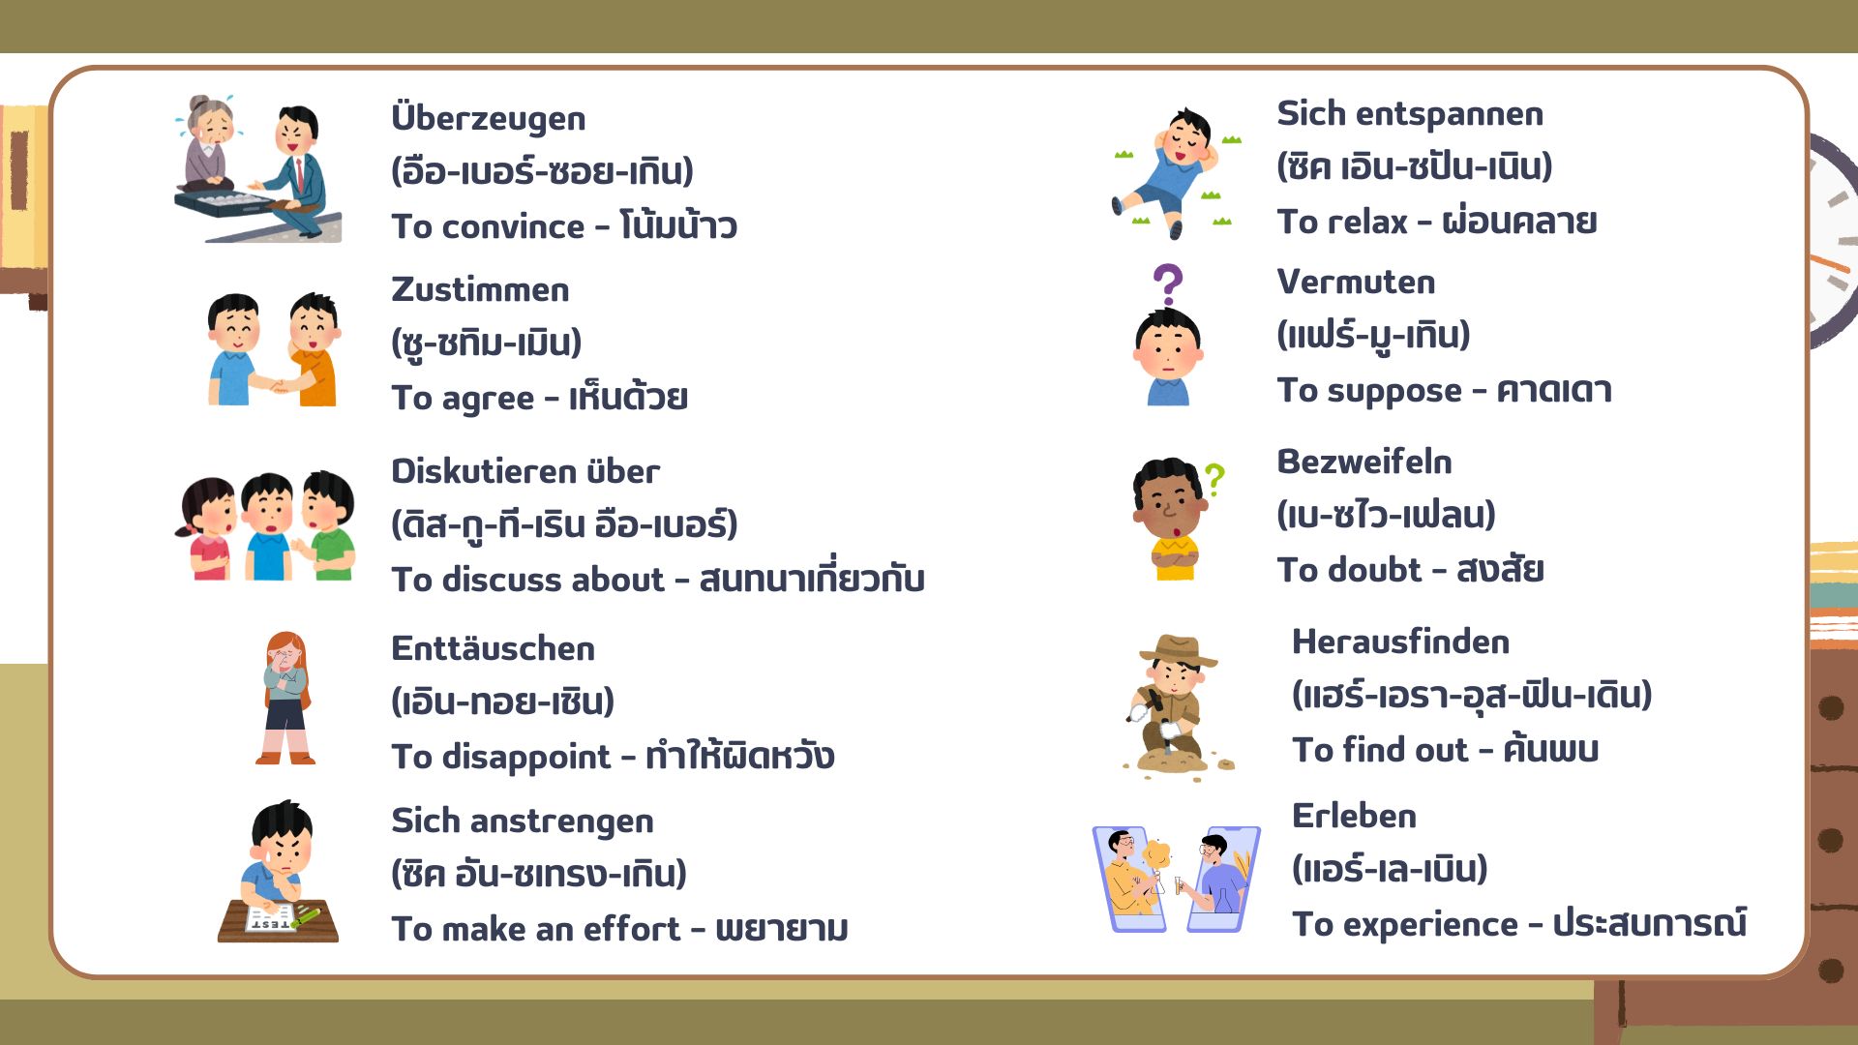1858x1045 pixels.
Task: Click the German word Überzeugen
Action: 488,118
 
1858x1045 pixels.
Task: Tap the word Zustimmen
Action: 480,289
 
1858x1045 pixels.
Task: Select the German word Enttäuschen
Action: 493,647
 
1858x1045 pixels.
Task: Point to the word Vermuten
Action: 1356,282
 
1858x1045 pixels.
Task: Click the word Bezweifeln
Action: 1364,462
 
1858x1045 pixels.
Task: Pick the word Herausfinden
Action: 1400,642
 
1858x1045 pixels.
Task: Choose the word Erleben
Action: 1354,816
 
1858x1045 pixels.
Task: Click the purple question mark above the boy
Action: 1168,284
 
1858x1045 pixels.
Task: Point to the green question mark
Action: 1214,480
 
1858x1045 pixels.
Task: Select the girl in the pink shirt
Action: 206,528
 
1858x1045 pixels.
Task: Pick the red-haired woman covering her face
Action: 285,698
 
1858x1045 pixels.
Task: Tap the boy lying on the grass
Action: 1173,172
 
